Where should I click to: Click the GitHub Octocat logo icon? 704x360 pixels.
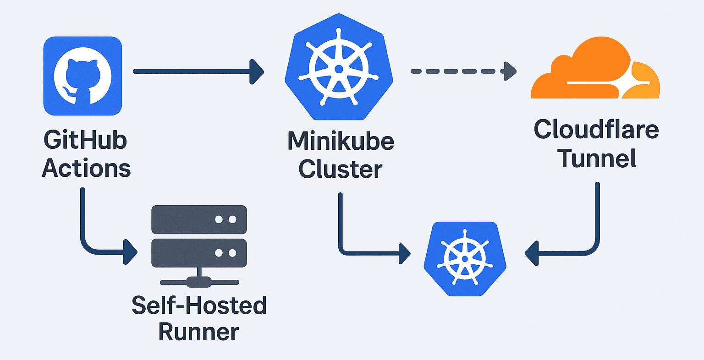coord(82,76)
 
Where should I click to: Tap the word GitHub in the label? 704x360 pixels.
coord(85,140)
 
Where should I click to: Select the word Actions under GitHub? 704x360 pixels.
coord(86,169)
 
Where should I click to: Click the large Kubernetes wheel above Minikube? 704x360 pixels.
coord(339,69)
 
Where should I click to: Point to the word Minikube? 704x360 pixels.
coord(341,141)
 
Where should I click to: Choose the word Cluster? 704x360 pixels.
coord(341,169)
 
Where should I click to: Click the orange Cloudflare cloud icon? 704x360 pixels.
coord(594,71)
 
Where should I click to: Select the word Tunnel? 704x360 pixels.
coord(597,158)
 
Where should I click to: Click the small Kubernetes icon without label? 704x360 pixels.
coord(465,259)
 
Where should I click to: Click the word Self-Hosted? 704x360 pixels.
coord(199,305)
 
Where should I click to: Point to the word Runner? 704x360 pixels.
coord(199,333)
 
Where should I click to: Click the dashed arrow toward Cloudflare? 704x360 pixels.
coord(463,71)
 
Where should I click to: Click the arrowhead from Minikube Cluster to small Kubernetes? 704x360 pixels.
coord(404,253)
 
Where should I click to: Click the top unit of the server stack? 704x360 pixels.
coord(199,219)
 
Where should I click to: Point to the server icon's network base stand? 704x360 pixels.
coord(199,280)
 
